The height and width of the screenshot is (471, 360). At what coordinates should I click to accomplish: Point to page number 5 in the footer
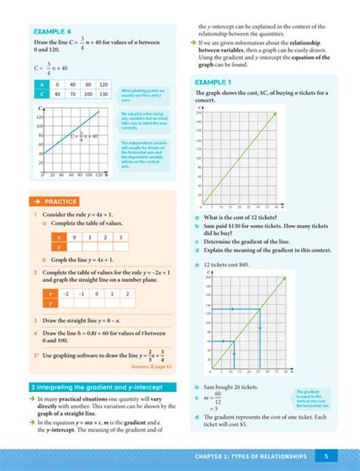325,456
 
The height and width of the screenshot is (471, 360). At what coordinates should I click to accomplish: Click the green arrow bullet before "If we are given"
192,43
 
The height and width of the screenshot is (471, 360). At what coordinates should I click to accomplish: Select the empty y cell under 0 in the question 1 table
73,247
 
